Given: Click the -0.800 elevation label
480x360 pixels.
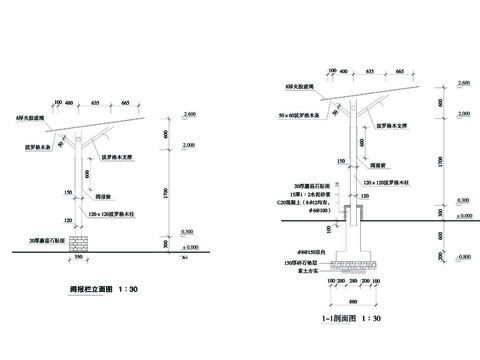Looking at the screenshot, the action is point(463,257).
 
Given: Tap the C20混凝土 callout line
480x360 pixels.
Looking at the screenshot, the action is point(301,201).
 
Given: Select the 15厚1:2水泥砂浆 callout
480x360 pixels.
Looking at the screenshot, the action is point(304,192).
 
